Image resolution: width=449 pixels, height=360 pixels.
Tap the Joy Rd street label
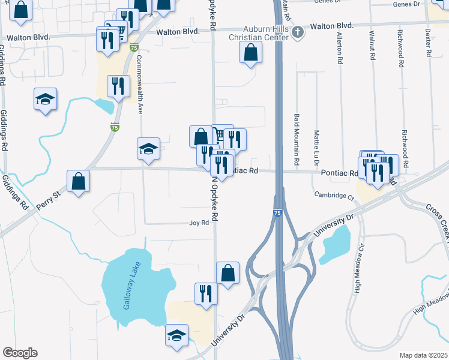coord(199,223)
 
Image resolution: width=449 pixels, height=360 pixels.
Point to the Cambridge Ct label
coord(331,196)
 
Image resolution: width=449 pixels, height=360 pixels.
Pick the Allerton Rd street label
coord(340,49)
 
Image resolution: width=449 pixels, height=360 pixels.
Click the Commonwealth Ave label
coord(140,84)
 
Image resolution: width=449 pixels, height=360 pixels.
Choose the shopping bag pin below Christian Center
coord(250,52)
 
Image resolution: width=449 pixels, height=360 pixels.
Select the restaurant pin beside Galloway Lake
coord(206,293)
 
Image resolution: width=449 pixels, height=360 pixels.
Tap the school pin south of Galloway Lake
coord(176,335)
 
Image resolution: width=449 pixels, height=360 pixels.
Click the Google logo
coord(20,353)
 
